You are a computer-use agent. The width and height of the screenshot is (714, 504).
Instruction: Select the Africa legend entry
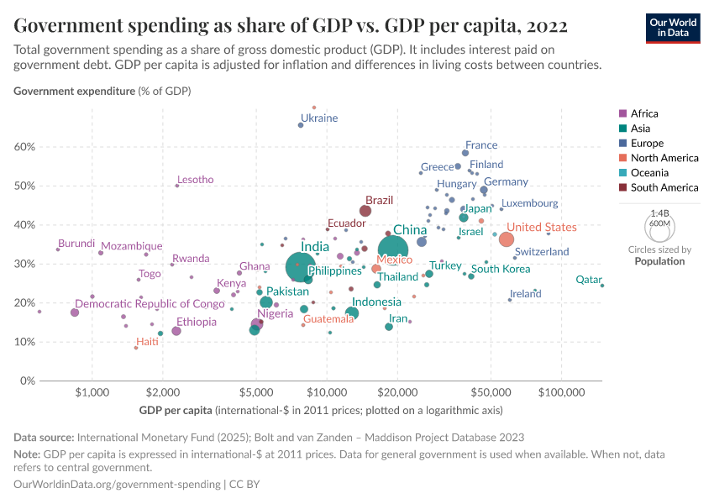(x=644, y=113)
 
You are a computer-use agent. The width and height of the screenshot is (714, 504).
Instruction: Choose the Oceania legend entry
(x=648, y=173)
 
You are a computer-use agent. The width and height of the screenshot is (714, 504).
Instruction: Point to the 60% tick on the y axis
(x=24, y=147)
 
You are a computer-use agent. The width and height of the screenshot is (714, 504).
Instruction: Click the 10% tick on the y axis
(x=24, y=342)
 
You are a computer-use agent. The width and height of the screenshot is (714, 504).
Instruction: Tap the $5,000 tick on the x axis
(x=256, y=392)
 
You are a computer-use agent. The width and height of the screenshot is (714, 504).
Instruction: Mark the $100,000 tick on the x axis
(x=561, y=392)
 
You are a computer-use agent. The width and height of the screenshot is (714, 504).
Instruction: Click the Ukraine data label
(x=319, y=118)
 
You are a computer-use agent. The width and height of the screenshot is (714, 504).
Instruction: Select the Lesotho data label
(x=195, y=180)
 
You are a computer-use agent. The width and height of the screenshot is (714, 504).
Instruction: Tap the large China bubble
(x=398, y=250)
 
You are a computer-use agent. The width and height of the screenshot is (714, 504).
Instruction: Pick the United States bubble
(x=507, y=239)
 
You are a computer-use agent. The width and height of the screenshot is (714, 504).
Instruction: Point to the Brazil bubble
(x=365, y=211)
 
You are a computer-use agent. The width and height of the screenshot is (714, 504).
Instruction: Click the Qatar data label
(x=589, y=280)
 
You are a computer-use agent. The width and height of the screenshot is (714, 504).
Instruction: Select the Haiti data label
(x=147, y=342)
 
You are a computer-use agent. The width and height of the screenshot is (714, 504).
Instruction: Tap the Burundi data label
(x=76, y=244)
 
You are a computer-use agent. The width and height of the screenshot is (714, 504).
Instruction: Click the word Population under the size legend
(x=659, y=261)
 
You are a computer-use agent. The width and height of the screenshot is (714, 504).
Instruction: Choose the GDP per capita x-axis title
(x=176, y=411)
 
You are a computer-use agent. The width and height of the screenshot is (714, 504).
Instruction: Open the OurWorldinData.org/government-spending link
(x=118, y=485)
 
